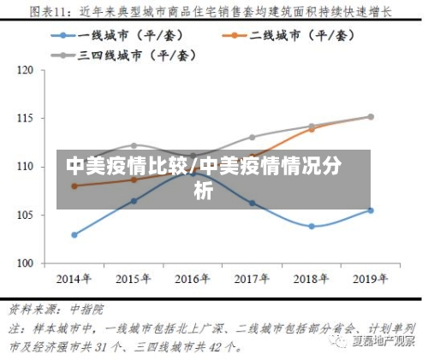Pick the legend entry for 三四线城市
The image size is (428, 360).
(125, 55)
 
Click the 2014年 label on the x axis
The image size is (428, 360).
(74, 279)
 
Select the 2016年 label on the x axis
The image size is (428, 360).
(193, 279)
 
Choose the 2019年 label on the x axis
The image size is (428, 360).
(371, 279)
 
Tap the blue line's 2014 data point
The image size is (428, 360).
(74, 234)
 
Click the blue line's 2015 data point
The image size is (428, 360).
(134, 201)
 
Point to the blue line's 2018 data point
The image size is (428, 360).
(312, 227)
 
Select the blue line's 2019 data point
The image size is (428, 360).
(371, 210)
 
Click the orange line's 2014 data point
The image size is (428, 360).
(74, 186)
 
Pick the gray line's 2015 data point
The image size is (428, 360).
(134, 145)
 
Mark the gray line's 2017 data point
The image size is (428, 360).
(252, 137)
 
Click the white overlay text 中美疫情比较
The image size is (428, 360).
(128, 165)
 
